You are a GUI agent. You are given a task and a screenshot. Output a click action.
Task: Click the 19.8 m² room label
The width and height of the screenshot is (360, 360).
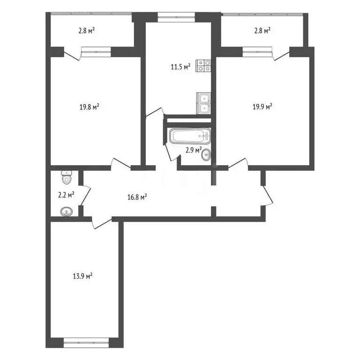(89, 107)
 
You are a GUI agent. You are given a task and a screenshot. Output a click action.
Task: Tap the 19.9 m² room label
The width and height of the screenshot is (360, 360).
(262, 107)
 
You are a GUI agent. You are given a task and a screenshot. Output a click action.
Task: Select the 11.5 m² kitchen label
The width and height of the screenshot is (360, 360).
(180, 67)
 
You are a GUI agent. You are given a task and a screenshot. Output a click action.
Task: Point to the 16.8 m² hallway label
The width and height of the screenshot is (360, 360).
(138, 197)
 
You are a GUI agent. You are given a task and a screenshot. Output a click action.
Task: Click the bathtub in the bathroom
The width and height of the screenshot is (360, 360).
(190, 137)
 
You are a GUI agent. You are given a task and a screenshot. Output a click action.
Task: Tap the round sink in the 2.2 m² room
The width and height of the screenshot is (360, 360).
(66, 212)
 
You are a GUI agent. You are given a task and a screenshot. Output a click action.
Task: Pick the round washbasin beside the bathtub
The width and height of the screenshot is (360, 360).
(205, 156)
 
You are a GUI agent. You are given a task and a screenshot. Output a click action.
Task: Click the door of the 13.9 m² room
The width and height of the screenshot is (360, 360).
(99, 222)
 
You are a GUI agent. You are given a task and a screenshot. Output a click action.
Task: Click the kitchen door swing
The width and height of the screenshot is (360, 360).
(155, 113)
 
